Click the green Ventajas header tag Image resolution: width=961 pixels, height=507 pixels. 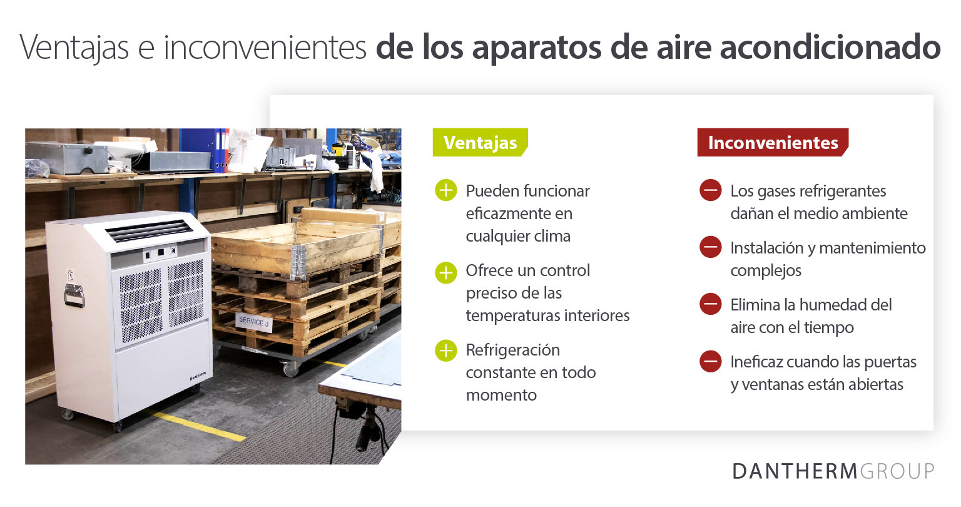coord(480,143)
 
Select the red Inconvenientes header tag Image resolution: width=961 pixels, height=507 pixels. coord(773,143)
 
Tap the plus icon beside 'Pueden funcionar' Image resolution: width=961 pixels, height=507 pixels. coord(446,190)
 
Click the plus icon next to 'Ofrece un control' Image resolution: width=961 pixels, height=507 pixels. coord(446,273)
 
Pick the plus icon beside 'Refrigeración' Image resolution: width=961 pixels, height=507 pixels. coord(446,351)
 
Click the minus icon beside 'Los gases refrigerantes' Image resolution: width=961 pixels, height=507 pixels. coord(711,190)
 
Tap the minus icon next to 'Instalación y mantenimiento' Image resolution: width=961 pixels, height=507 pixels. coord(711,247)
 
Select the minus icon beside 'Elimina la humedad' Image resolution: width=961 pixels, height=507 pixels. coord(711,304)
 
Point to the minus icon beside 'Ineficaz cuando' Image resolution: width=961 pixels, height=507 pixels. coord(711,361)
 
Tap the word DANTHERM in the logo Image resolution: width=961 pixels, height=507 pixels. coord(795,471)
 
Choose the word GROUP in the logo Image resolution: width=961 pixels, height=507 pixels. coord(898,471)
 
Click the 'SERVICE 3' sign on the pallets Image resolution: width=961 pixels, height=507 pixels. coord(253,322)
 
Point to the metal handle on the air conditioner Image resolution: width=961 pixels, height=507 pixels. coord(74,294)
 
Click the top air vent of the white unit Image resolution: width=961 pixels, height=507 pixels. coord(149,230)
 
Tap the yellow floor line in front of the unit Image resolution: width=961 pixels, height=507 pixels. coord(200,426)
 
